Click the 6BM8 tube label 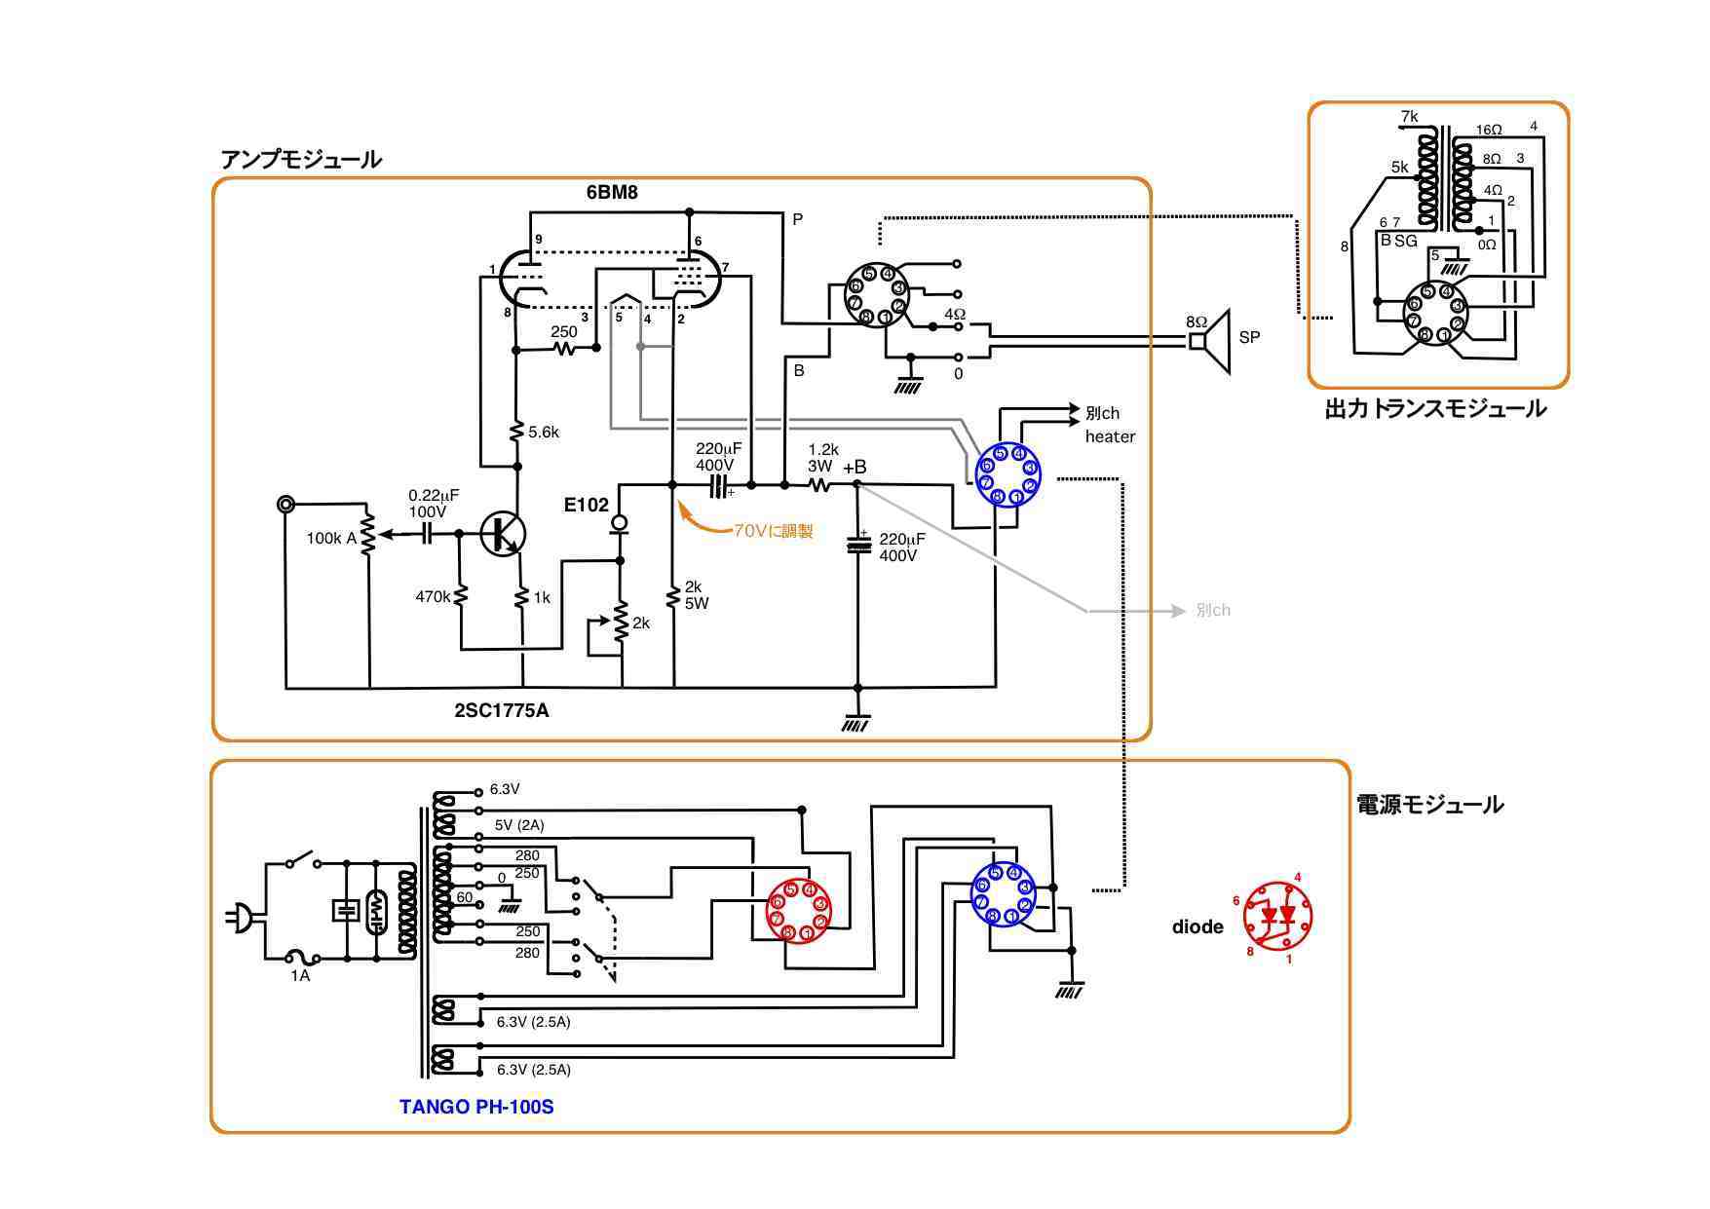point(611,192)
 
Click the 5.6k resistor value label point(544,432)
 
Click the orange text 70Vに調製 point(773,531)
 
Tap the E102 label point(586,505)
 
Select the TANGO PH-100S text point(476,1107)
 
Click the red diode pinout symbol point(1277,916)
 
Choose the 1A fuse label point(300,975)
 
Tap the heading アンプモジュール point(301,160)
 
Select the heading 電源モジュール point(1429,805)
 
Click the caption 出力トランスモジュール point(1434,409)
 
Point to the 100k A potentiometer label point(331,538)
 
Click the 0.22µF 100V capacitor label point(433,503)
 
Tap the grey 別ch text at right point(1212,611)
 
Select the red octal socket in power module point(798,911)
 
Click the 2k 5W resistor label point(696,594)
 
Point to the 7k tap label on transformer point(1409,117)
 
